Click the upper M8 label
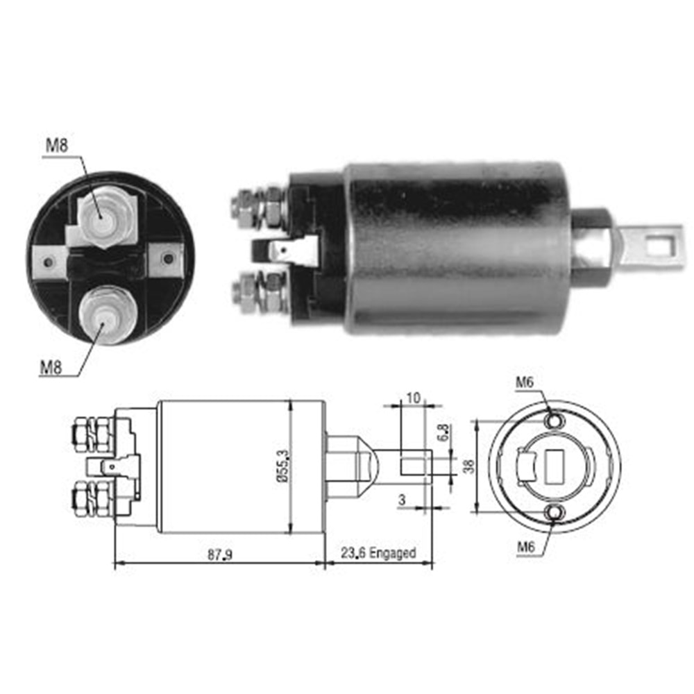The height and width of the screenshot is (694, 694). point(57,145)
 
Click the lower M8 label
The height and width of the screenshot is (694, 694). point(51,367)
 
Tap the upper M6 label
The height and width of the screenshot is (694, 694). point(525,382)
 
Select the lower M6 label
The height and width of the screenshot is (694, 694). point(526,548)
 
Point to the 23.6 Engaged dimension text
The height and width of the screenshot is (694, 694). point(378,553)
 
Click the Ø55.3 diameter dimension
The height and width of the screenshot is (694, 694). point(282,466)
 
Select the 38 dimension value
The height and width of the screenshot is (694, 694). point(468,466)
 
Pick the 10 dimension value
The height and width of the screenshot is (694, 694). point(413,398)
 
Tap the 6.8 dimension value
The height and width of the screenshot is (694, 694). point(443,432)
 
